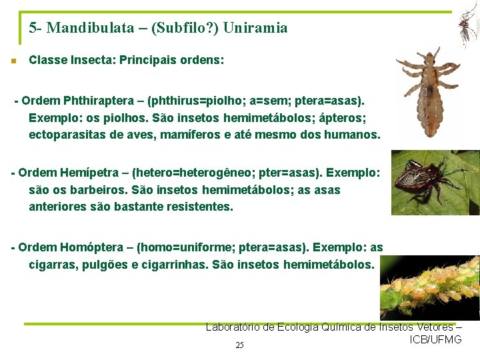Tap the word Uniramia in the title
point(256,28)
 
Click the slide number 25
point(240,345)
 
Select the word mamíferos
point(202,135)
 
